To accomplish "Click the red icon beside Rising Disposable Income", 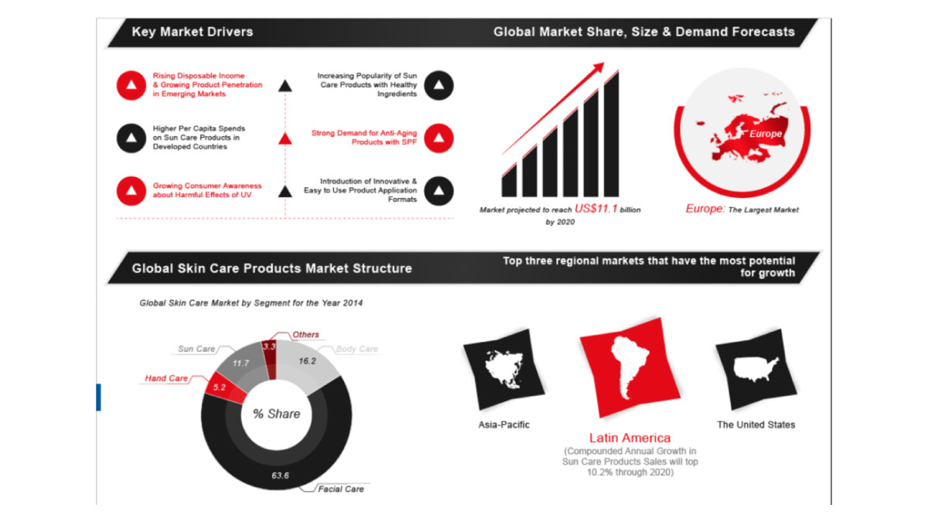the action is (131, 85).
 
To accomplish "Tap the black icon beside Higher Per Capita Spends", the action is (131, 138).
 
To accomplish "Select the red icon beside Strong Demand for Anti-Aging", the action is (438, 138).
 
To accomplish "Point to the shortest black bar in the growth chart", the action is (509, 181).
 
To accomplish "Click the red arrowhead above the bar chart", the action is (599, 67).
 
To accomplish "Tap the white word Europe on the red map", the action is (765, 133).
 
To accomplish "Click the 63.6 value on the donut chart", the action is (280, 475).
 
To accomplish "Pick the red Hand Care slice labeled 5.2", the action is (224, 387).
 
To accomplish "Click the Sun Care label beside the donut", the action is (196, 349).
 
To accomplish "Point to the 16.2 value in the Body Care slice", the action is (307, 361).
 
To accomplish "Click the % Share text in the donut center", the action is (276, 414).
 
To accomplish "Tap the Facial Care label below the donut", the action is (341, 489).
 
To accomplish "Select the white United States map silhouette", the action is (756, 368).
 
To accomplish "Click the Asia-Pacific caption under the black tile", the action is (503, 425).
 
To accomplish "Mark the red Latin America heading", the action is (629, 438).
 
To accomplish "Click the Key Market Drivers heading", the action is (193, 32).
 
